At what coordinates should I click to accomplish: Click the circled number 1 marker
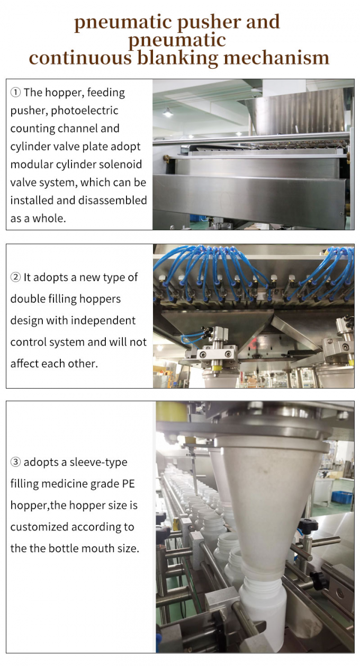click(x=15, y=93)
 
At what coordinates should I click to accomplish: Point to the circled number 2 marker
click(x=15, y=277)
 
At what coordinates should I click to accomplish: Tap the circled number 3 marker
click(x=15, y=462)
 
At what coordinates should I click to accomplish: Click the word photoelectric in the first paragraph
click(x=84, y=111)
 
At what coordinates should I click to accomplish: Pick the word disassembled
click(x=113, y=201)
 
